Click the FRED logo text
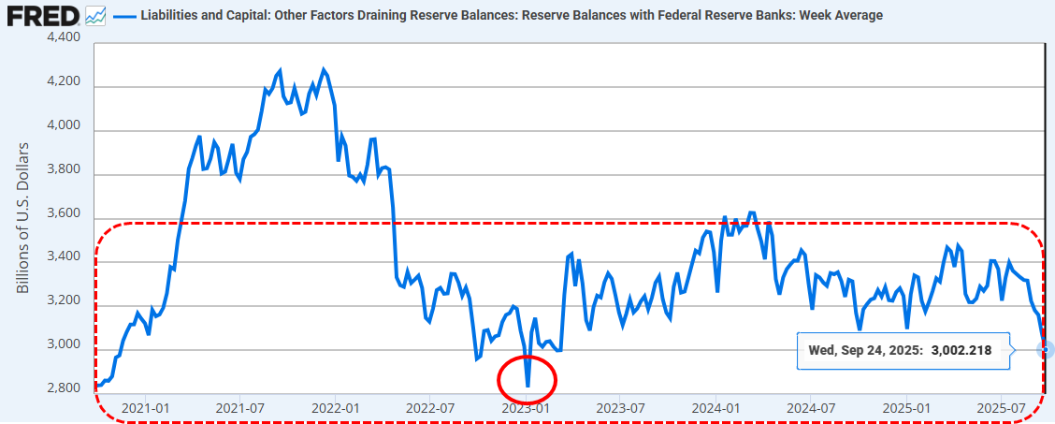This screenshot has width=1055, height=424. tap(40, 16)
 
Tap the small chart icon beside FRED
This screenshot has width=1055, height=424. tap(95, 16)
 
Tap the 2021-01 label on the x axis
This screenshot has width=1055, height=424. tap(147, 408)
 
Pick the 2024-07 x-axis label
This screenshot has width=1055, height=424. tap(811, 408)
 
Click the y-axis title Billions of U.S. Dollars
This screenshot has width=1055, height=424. tap(23, 217)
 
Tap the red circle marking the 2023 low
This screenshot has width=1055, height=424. tap(527, 380)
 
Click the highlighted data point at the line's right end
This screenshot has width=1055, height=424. tap(1046, 350)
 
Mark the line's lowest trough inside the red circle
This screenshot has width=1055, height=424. tap(527, 386)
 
